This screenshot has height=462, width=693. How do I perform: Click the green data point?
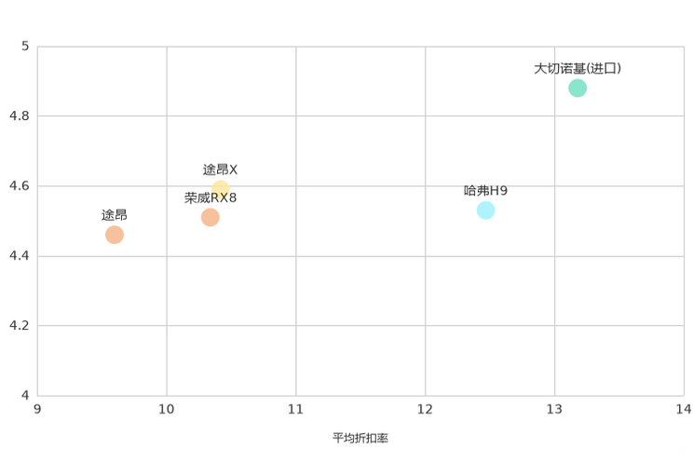pyautogui.click(x=577, y=88)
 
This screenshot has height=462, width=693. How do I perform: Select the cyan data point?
pyautogui.click(x=485, y=209)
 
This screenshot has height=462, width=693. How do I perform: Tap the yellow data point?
pyautogui.click(x=221, y=187)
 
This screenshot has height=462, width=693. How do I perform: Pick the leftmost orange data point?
pyautogui.click(x=115, y=235)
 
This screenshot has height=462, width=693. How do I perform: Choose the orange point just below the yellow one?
pyautogui.click(x=211, y=217)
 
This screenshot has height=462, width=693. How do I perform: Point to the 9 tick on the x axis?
pyautogui.click(x=37, y=409)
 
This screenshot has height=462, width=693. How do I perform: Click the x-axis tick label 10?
pyautogui.click(x=167, y=409)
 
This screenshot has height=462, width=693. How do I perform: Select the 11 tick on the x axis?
pyautogui.click(x=296, y=409)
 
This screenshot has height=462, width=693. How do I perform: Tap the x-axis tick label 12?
pyautogui.click(x=426, y=409)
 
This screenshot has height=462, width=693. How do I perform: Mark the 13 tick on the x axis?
pyautogui.click(x=555, y=409)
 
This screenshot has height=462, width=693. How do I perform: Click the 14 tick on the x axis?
pyautogui.click(x=685, y=409)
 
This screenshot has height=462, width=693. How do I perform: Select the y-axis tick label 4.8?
pyautogui.click(x=20, y=115)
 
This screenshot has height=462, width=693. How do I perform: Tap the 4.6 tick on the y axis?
pyautogui.click(x=20, y=185)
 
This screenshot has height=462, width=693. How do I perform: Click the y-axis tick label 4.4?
pyautogui.click(x=20, y=255)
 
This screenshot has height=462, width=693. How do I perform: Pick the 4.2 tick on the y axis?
pyautogui.click(x=20, y=325)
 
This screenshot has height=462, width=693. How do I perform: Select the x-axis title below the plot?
pyautogui.click(x=360, y=437)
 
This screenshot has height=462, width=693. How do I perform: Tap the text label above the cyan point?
pyautogui.click(x=485, y=187)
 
